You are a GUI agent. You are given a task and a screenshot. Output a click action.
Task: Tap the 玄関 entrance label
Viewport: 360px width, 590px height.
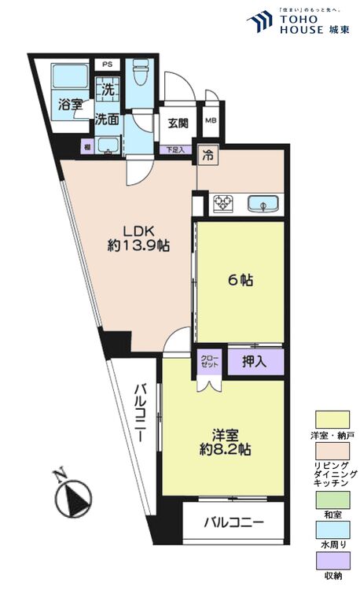tap(177, 122)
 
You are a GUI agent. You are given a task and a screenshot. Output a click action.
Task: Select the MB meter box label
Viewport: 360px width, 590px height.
tap(210, 120)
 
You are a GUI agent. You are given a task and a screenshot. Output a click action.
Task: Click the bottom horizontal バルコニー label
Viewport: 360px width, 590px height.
tap(233, 522)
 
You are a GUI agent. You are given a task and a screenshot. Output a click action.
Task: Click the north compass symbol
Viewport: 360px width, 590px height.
tap(73, 497)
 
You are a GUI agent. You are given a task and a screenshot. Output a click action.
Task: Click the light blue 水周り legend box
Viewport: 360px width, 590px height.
tap(332, 530)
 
